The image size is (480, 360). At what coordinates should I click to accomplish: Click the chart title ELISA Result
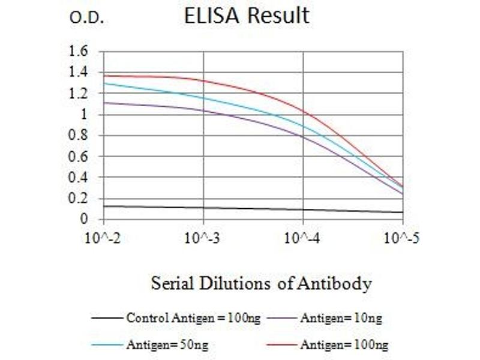click(247, 16)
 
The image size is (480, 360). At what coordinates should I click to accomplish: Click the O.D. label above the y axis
click(87, 19)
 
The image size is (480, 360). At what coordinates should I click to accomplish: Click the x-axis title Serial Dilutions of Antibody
click(261, 283)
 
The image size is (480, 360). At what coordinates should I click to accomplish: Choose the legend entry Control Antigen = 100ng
click(193, 318)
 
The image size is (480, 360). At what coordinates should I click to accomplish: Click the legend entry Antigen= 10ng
click(340, 318)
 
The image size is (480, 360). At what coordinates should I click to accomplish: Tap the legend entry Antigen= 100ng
click(344, 344)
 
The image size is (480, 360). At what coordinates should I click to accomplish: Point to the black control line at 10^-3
click(204, 208)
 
